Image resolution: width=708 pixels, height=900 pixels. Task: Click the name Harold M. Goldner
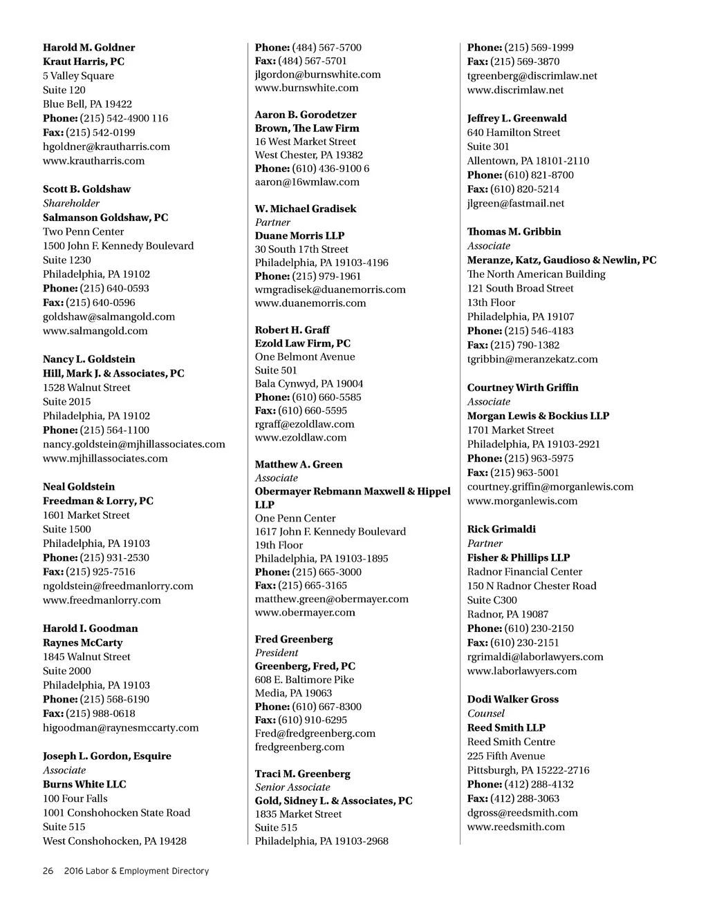(88, 48)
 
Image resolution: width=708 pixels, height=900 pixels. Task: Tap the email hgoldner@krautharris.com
(106, 146)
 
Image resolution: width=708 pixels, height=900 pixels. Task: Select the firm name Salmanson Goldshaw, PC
(105, 218)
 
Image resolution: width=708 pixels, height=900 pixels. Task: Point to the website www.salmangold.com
(95, 331)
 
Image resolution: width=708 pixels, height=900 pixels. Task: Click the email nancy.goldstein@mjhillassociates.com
(133, 444)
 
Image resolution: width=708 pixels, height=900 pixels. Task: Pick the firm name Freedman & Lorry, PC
(97, 501)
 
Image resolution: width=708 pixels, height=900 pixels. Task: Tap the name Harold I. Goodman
(90, 629)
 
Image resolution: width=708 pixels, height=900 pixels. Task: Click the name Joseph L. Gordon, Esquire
(106, 756)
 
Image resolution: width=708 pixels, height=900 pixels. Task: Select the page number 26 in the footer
(48, 871)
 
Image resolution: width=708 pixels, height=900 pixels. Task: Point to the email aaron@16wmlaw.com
(307, 182)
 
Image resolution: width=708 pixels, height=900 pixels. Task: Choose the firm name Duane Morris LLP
(299, 236)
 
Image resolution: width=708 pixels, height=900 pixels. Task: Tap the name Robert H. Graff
(292, 329)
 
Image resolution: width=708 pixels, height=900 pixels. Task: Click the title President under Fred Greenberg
(277, 653)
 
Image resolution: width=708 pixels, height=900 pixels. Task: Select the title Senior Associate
(292, 787)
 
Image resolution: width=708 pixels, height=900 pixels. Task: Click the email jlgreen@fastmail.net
(515, 203)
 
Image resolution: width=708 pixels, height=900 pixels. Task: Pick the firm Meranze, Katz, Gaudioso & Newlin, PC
(561, 260)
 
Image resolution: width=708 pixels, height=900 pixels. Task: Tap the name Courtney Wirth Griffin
(523, 387)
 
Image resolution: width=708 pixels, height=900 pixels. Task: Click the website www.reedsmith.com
(516, 827)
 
